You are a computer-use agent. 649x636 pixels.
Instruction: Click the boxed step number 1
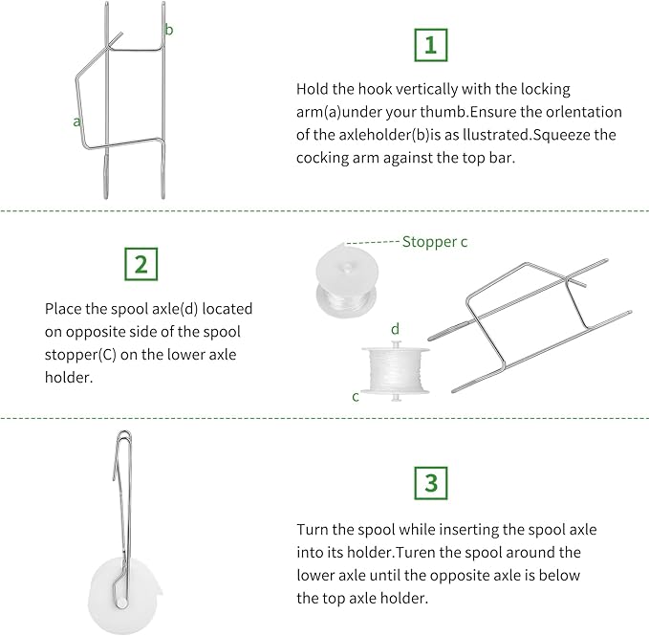(x=430, y=44)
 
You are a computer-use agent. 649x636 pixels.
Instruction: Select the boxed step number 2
(x=141, y=264)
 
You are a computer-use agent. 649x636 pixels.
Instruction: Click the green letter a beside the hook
(x=76, y=121)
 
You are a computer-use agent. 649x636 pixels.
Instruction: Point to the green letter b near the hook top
(x=169, y=31)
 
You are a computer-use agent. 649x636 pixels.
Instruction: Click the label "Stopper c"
(x=435, y=242)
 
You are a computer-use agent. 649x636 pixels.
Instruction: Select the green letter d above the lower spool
(x=395, y=330)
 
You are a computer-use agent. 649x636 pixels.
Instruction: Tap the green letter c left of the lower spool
(x=356, y=396)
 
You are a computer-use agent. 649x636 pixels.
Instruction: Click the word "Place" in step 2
(x=63, y=309)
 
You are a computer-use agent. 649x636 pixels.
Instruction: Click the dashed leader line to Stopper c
(x=374, y=242)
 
